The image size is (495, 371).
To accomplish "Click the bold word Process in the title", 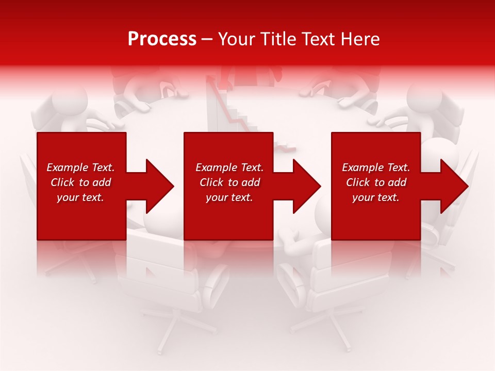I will click(162, 39).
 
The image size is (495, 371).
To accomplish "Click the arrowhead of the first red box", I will click(157, 186).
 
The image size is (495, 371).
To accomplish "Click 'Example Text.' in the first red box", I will click(80, 167).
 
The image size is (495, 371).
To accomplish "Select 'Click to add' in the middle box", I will click(229, 182).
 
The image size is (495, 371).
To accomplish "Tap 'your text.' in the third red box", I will click(375, 197).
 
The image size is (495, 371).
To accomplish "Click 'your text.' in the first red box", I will click(80, 197).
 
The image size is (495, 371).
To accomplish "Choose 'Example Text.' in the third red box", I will click(376, 167).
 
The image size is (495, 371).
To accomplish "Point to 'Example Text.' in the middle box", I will click(229, 167).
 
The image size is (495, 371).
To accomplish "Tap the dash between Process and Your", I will click(207, 39).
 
